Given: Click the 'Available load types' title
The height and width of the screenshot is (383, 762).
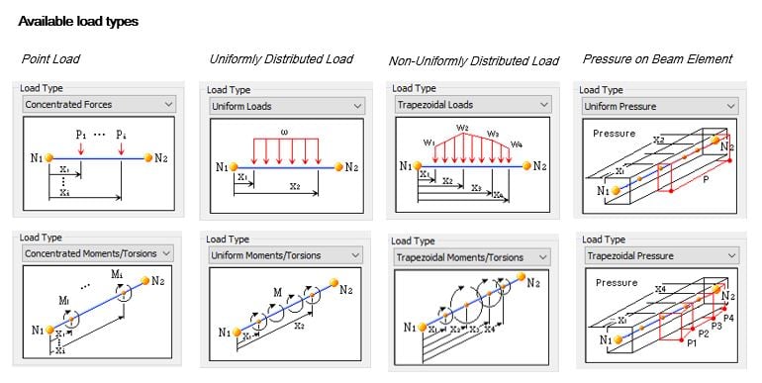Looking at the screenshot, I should (78, 21).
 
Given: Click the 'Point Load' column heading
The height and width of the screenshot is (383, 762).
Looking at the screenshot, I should (50, 59).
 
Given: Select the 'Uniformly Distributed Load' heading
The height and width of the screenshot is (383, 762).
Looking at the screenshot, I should (281, 59).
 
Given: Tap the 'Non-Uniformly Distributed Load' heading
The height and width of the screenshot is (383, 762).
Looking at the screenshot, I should (474, 61).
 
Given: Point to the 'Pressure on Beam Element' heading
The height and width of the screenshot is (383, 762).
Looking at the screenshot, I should (657, 59).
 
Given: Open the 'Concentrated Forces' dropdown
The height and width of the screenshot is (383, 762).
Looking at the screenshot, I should (98, 103).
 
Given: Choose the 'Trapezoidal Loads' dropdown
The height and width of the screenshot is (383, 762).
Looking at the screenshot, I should (471, 104).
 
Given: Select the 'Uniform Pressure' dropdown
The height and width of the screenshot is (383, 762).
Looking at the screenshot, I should (658, 106).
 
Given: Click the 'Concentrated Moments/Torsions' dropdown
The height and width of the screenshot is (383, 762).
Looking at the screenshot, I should (98, 253).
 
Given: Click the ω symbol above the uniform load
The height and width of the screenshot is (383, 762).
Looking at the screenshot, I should (283, 132).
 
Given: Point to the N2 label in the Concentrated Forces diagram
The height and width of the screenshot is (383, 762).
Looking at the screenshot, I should (161, 156).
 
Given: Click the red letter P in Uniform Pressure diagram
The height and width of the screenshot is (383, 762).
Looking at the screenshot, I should (705, 183).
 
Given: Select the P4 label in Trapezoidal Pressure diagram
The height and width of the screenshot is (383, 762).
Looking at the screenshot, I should (728, 318).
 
